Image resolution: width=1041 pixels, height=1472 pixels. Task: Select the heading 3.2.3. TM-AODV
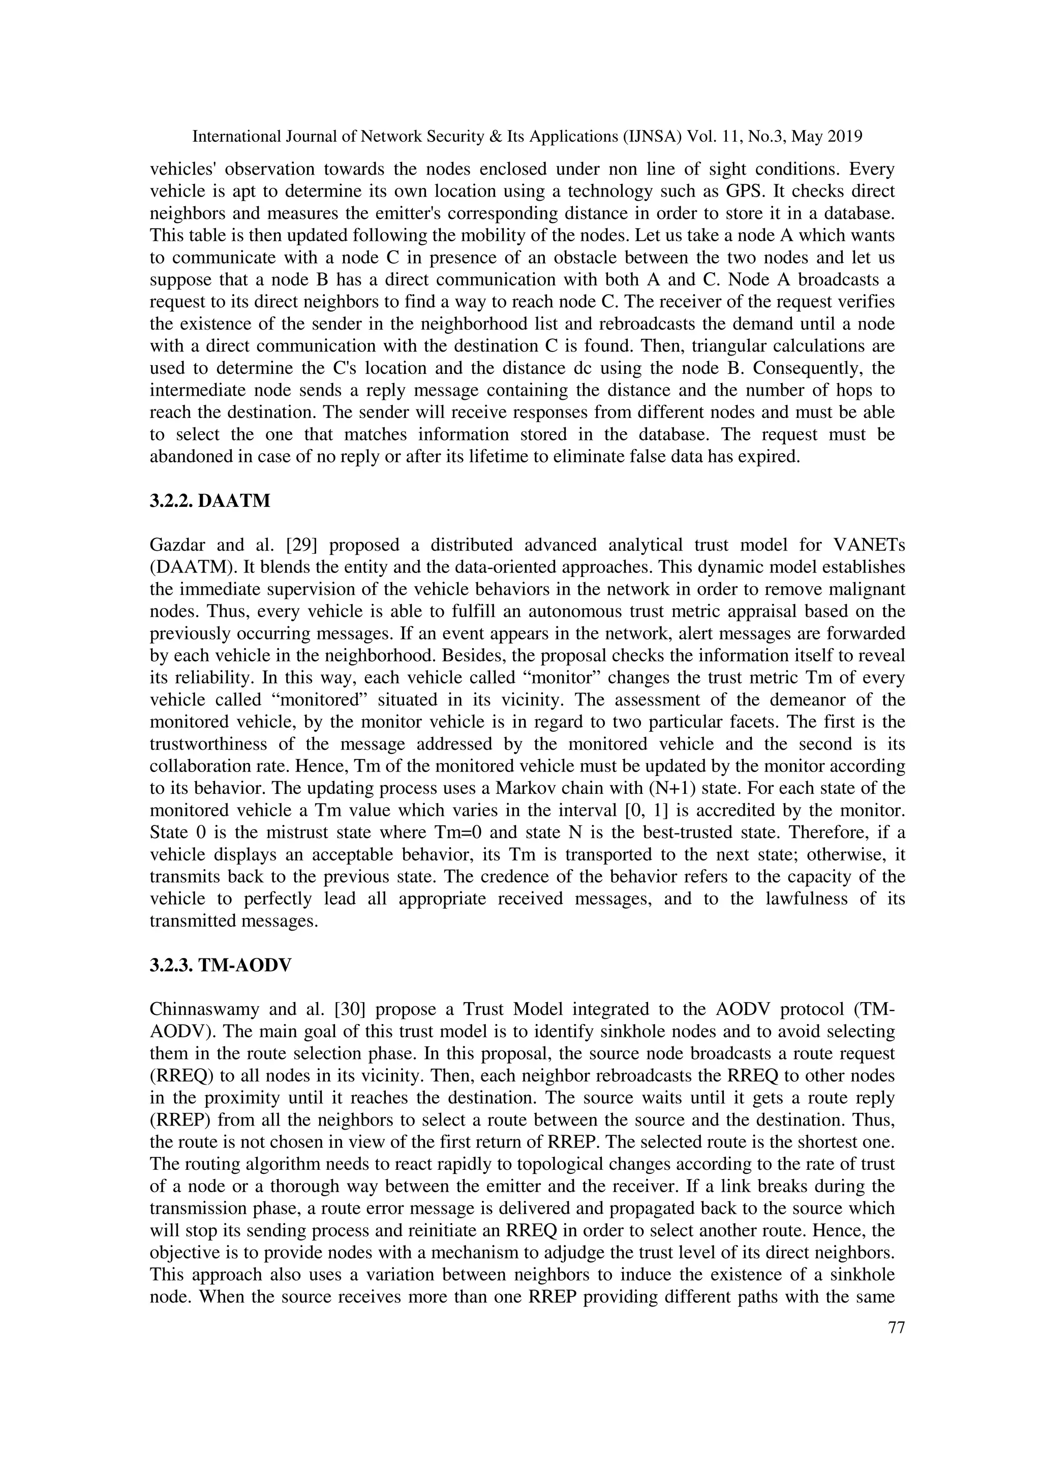pos(220,966)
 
